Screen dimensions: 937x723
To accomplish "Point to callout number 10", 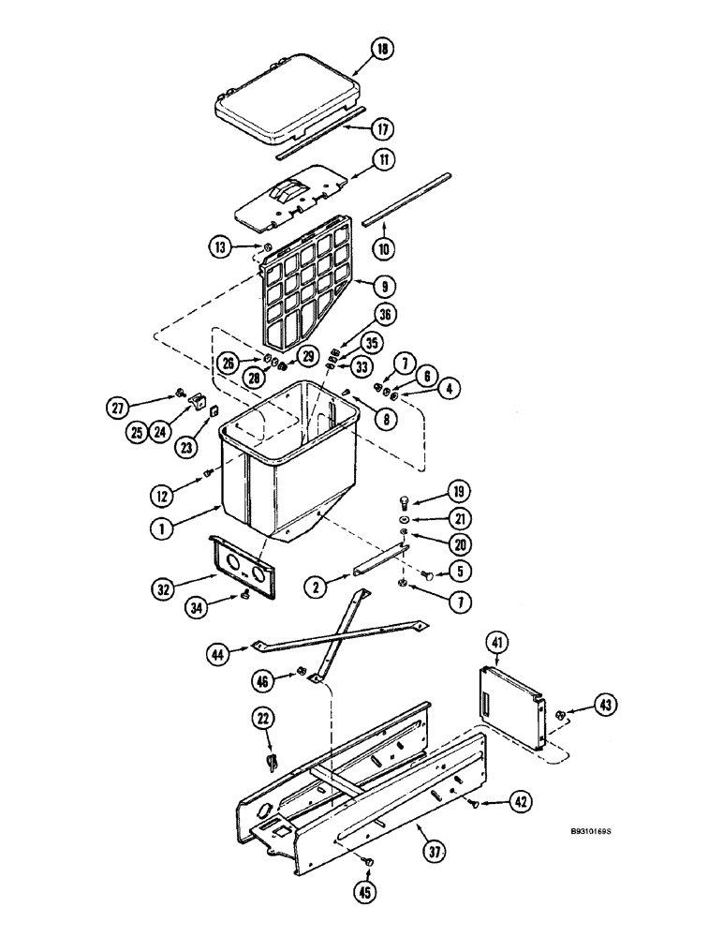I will [x=383, y=248].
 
